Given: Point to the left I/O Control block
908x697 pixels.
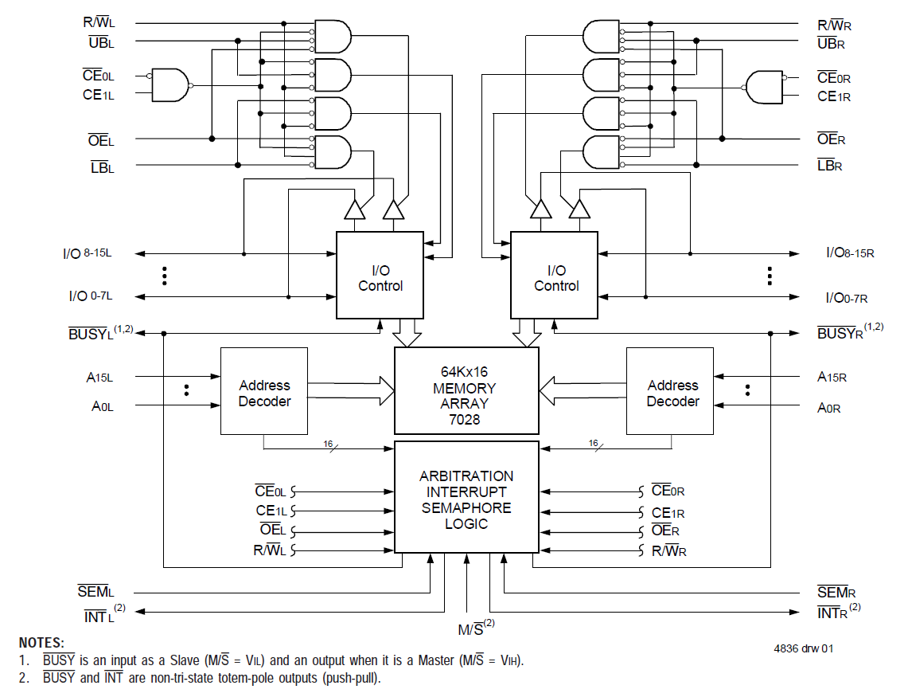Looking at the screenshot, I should (x=380, y=276).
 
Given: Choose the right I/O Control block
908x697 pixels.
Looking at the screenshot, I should (x=555, y=276).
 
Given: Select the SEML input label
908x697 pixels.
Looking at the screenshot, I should (x=96, y=592).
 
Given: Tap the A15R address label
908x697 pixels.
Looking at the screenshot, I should (x=832, y=376).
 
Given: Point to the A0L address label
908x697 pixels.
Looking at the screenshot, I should (x=103, y=406).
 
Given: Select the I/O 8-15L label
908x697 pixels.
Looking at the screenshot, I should (x=88, y=254).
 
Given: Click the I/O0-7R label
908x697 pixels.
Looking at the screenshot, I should (x=847, y=297).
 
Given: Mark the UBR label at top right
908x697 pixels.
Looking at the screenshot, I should (x=831, y=43).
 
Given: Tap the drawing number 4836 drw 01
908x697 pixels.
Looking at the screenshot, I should (x=804, y=648).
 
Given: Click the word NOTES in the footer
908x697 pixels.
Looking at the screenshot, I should (x=41, y=643).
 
